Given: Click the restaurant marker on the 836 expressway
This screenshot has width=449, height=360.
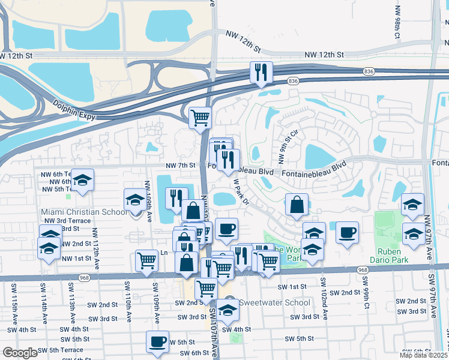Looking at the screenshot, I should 261,73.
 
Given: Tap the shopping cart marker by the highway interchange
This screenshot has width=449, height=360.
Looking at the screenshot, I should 200,117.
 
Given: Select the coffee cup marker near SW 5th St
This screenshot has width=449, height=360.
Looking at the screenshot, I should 157,342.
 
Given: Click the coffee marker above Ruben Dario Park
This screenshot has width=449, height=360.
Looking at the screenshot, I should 347,232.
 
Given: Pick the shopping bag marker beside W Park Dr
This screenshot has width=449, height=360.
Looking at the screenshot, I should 297,205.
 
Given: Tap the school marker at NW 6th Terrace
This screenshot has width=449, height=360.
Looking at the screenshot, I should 83,180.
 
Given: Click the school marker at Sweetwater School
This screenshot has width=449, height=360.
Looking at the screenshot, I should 227,310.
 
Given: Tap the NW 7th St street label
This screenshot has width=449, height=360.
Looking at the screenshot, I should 181,165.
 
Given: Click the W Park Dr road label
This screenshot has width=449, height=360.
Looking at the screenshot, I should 241,191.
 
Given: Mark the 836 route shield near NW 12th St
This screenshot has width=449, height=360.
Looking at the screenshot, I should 369,71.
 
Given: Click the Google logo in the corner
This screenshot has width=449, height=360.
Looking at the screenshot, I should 20,353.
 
